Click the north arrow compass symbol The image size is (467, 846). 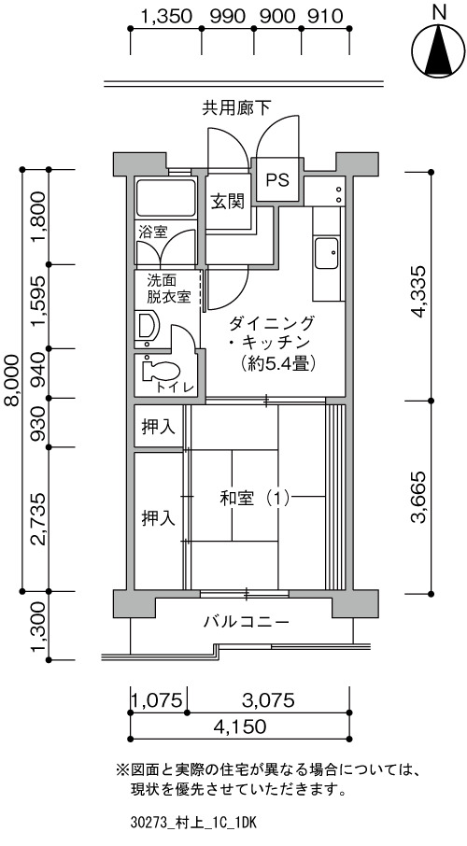click(438, 51)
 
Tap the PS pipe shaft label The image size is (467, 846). click(277, 179)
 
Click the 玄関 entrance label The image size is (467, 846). click(227, 202)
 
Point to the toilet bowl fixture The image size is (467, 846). click(161, 372)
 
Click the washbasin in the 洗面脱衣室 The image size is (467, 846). click(148, 327)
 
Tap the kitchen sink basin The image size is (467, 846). click(327, 253)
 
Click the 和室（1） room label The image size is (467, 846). click(255, 498)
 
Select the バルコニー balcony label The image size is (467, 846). click(247, 622)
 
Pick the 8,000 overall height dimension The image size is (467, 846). click(11, 379)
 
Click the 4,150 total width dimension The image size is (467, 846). click(240, 726)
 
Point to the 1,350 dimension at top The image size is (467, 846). click(166, 16)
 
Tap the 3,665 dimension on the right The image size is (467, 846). click(419, 498)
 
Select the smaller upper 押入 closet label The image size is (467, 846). click(158, 428)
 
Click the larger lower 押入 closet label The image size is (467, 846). click(158, 518)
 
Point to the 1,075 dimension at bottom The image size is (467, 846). click(158, 700)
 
